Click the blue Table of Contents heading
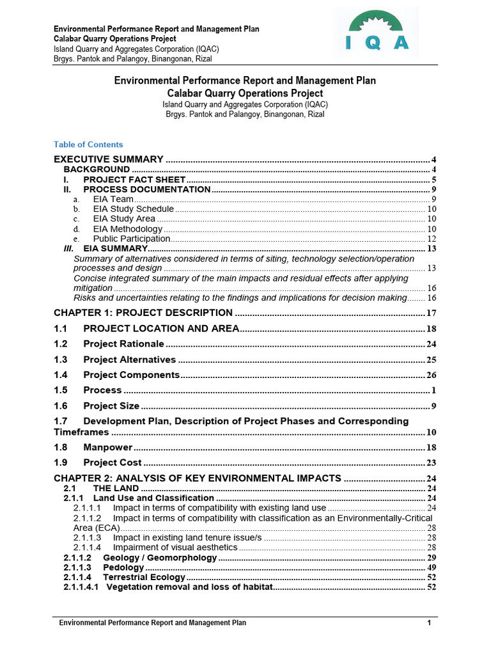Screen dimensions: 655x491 pos(88,145)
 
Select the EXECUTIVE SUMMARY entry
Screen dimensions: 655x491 pos(109,159)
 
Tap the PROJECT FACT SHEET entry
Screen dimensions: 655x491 pos(134,180)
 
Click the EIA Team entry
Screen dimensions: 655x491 pos(113,200)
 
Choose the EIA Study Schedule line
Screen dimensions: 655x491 pos(133,209)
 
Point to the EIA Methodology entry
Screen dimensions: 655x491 pos(128,229)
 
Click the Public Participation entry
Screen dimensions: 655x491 pos(132,239)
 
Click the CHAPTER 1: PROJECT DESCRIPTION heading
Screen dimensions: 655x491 pos(143,313)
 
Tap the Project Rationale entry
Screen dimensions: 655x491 pos(123,344)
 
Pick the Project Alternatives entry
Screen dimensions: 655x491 pos(129,359)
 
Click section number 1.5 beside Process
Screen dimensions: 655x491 pos(61,390)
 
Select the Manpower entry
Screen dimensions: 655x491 pos(107,447)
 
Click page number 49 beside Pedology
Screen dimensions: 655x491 pos(432,568)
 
